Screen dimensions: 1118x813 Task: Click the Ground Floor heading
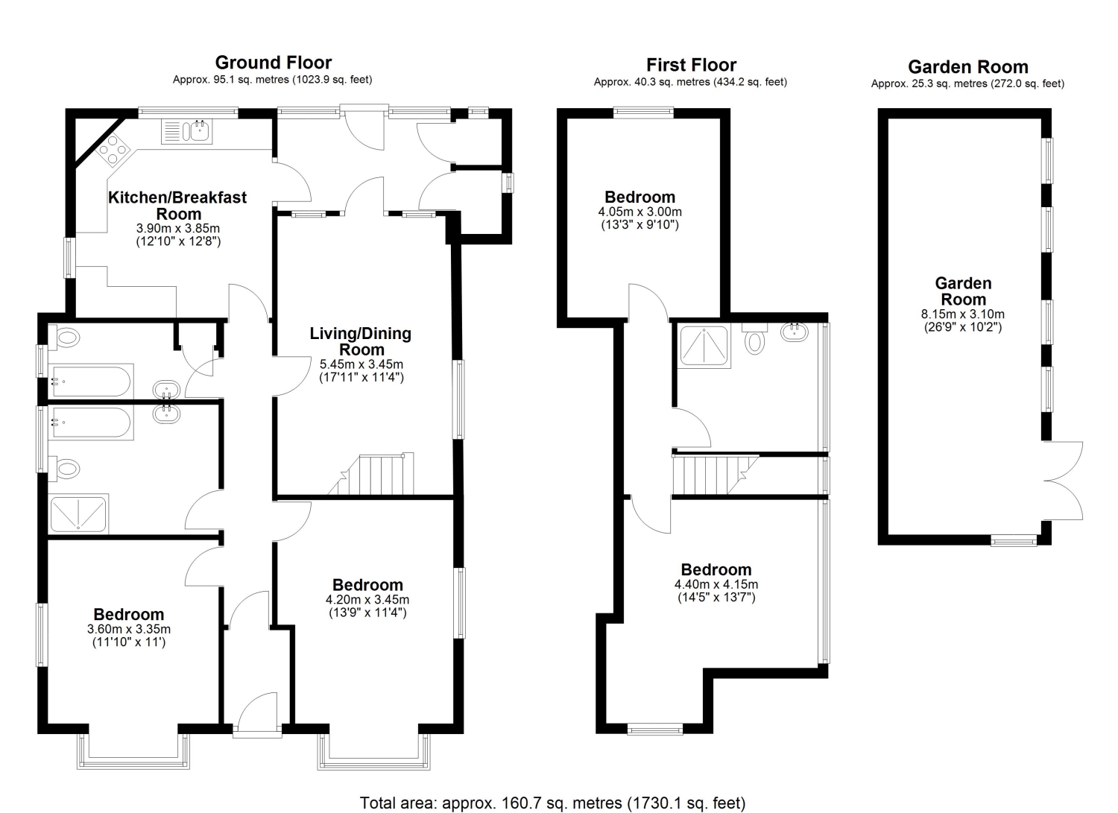273,63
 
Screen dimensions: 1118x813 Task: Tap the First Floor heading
691,65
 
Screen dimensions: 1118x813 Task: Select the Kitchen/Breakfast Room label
177,206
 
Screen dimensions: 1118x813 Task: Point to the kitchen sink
187,131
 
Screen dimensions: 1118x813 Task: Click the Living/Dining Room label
360,341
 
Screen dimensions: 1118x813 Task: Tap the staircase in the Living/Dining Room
371,474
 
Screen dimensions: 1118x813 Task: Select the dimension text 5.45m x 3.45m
361,364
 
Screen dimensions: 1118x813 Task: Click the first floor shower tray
704,347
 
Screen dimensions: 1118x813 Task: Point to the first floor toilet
754,339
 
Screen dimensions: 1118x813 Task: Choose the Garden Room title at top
967,67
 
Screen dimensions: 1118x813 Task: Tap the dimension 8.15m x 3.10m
963,314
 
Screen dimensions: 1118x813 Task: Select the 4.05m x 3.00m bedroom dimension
639,212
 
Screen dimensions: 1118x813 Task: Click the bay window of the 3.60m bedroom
133,752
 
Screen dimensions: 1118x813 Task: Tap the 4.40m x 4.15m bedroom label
716,583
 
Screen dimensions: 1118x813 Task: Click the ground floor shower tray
78,513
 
